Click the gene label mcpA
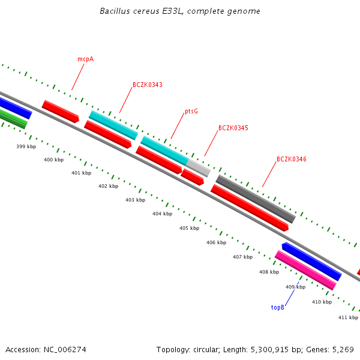tap(85, 59)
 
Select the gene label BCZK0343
tap(147, 85)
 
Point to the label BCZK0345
tap(233, 128)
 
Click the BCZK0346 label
tap(291, 160)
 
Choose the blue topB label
tap(277, 307)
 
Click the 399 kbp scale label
tap(26, 146)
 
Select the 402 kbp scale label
tap(108, 187)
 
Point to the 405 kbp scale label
tap(189, 228)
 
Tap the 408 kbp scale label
tap(269, 272)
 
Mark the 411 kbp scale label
tap(348, 317)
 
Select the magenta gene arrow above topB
tap(305, 270)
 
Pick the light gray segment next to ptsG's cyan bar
tap(198, 167)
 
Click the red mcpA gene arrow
tap(60, 112)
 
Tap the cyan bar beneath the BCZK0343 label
tap(113, 125)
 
